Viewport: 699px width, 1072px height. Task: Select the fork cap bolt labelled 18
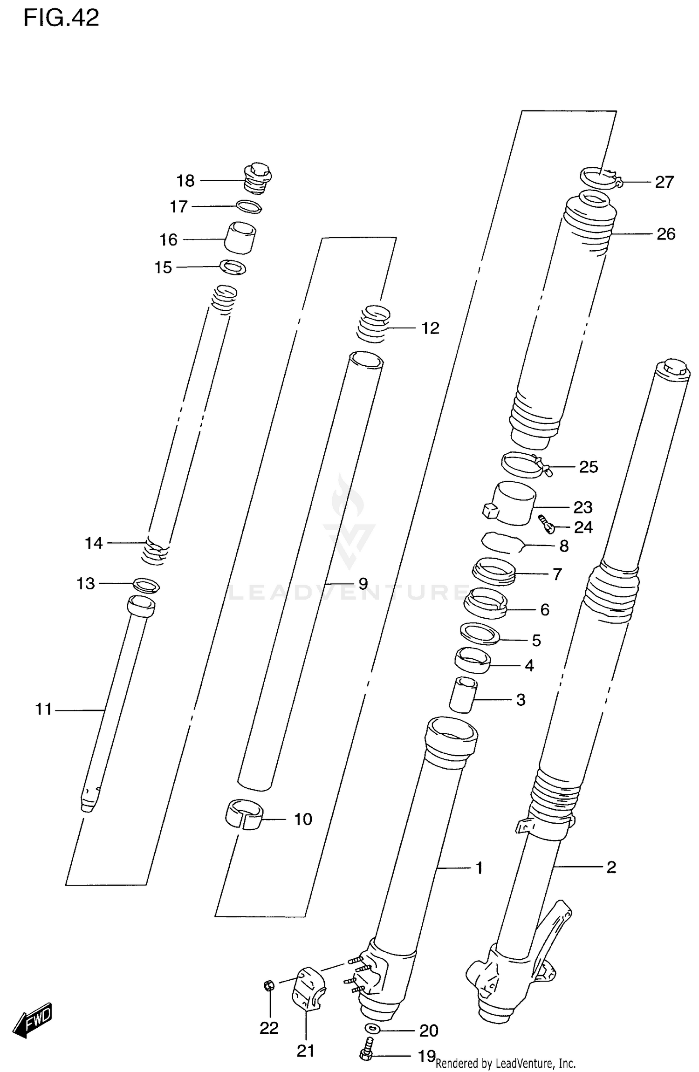(x=258, y=178)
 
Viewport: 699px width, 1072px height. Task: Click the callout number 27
(x=664, y=182)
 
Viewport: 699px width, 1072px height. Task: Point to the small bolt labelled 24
(x=546, y=524)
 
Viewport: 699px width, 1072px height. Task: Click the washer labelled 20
(x=372, y=1028)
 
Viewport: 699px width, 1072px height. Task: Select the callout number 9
(x=363, y=583)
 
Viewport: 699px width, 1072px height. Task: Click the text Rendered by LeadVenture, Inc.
(x=505, y=1063)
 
